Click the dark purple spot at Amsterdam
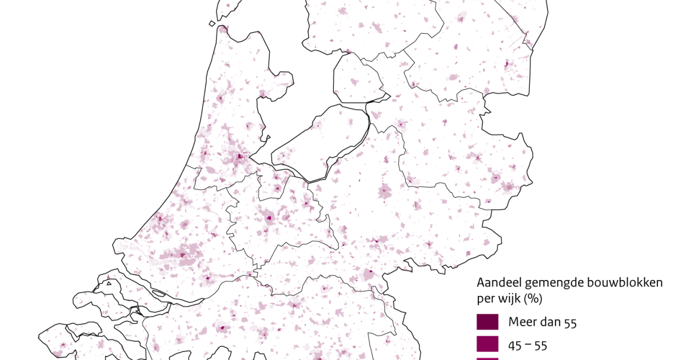238,157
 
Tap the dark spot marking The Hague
159,218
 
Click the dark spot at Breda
222,329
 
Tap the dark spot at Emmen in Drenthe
506,64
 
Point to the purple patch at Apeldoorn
386,191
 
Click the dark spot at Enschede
506,186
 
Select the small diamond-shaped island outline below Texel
212,23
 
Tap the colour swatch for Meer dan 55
488,322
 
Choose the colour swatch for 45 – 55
488,344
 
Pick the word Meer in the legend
521,323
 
